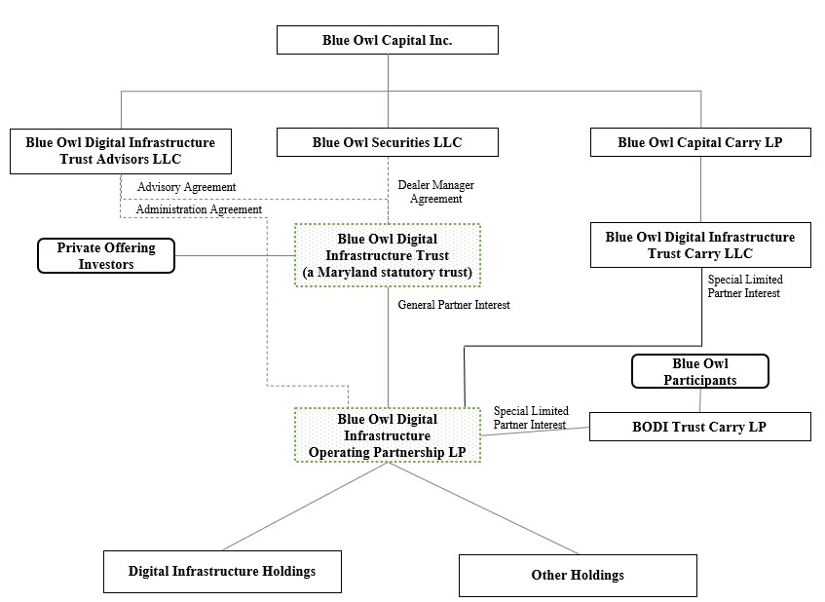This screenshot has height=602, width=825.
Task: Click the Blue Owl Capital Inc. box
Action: tap(388, 40)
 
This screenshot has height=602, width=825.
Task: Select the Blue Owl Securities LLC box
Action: tap(388, 142)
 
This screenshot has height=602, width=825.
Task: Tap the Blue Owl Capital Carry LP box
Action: tap(699, 142)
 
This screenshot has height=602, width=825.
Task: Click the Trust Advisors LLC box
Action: tap(120, 150)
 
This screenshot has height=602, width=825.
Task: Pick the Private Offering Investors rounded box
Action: tap(106, 256)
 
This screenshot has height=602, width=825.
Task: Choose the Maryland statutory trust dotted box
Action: tap(388, 255)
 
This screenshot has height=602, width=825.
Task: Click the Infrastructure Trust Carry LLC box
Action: tap(699, 245)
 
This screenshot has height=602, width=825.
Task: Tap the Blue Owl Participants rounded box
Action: tap(699, 371)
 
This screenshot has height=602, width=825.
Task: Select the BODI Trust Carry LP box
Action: tap(699, 427)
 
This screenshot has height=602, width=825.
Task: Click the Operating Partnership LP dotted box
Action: tap(388, 434)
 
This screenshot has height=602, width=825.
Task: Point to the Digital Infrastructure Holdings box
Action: tap(222, 572)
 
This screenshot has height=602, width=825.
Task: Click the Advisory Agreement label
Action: tap(186, 187)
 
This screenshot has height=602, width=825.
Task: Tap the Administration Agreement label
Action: tap(199, 209)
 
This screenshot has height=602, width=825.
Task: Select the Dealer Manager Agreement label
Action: tap(430, 191)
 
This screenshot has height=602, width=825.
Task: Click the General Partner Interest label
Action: tap(454, 305)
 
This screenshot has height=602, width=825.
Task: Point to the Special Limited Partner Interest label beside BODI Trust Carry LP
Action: tap(531, 418)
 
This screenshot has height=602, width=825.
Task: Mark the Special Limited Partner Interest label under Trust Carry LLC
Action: tap(745, 286)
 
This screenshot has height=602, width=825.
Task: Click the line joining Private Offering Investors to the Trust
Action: tap(235, 257)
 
